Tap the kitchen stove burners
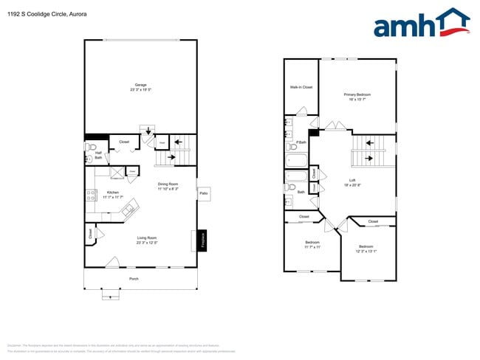click(92, 195)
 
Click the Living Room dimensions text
click(146, 243)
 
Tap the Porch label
click(134, 279)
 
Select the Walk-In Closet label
click(301, 87)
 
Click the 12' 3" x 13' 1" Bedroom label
click(366, 249)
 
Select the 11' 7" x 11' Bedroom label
click(312, 243)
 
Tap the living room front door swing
click(112, 261)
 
